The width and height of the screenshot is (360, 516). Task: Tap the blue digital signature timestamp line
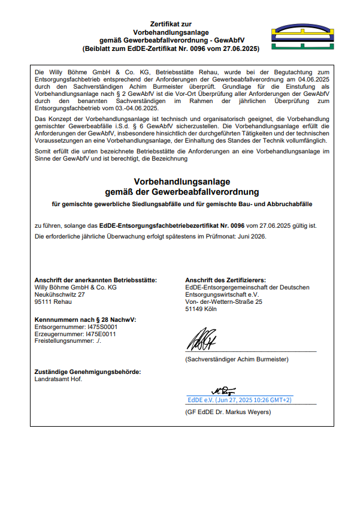[240, 399]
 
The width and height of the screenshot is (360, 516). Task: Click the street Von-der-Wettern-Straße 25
[223, 302]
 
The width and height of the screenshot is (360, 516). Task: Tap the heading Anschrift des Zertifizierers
[225, 280]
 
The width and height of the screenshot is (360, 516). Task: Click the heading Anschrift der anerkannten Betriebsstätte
[96, 280]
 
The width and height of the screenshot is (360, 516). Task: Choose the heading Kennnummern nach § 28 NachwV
[86, 320]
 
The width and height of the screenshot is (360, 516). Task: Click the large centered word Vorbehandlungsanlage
[181, 182]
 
